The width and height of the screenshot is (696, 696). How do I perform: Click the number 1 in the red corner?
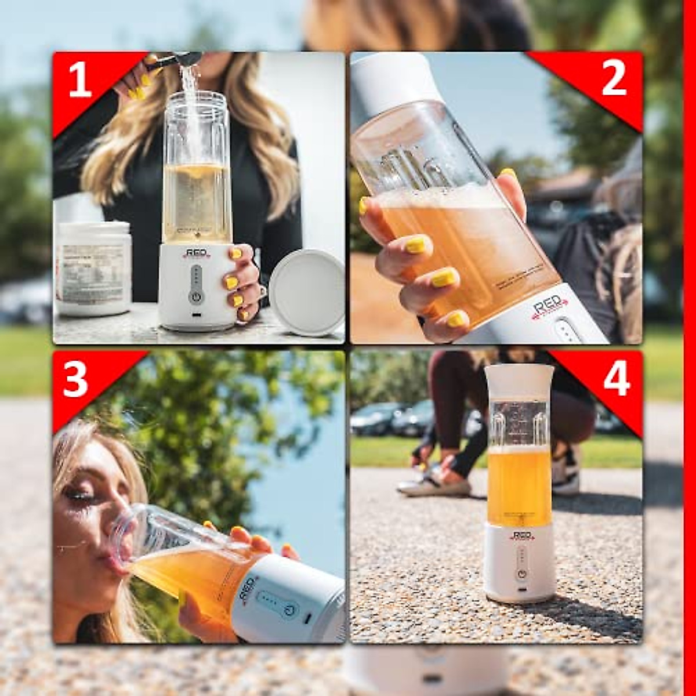pyautogui.click(x=79, y=79)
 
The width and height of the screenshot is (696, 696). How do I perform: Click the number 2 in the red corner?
pyautogui.click(x=614, y=78)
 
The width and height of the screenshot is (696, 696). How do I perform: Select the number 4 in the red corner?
pyautogui.click(x=616, y=379)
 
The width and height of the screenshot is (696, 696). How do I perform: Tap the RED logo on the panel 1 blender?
pyautogui.click(x=196, y=253)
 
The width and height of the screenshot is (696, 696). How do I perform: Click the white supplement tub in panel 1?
pyautogui.click(x=93, y=268)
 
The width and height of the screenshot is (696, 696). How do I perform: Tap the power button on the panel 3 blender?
pyautogui.click(x=289, y=610)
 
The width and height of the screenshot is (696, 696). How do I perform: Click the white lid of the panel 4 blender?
pyautogui.click(x=520, y=380)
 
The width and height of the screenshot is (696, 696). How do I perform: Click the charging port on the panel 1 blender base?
pyautogui.click(x=196, y=316)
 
